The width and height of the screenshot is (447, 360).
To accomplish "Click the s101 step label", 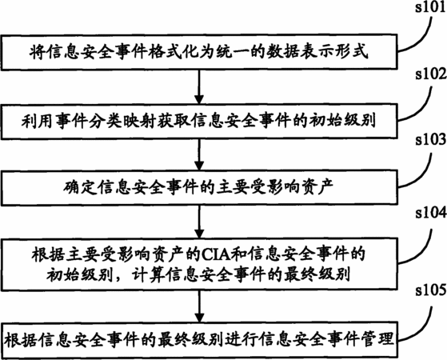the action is click(431, 8).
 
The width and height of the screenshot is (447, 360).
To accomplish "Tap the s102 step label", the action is click(431, 74).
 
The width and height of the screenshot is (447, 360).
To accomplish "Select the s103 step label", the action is click(431, 139).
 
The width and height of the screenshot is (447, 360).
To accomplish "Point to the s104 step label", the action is click(431, 213).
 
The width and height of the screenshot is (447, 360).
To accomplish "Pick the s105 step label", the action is click(431, 290).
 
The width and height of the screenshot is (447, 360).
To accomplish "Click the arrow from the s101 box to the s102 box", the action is click(199, 86).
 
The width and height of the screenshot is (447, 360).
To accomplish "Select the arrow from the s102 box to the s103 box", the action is click(199, 154).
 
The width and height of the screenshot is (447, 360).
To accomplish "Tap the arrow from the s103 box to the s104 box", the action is click(199, 222).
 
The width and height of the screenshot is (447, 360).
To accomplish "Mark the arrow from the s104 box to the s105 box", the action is click(199, 306).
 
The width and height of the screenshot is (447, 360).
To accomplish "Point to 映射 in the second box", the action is click(141, 121).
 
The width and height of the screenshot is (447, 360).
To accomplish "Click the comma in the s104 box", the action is click(120, 279).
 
